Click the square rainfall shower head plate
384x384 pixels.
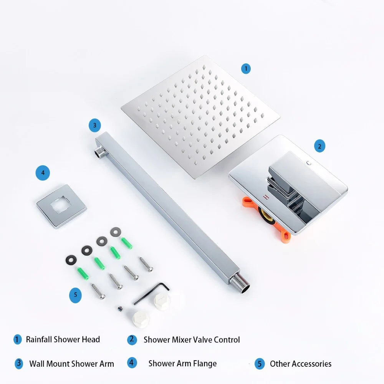(x=200, y=115)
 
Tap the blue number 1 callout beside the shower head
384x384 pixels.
(x=246, y=69)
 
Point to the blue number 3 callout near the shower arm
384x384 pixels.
(x=94, y=125)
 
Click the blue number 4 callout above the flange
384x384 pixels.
(x=43, y=173)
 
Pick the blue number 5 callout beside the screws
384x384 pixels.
(x=75, y=295)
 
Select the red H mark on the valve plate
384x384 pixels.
(x=264, y=197)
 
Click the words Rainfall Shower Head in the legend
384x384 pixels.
(x=63, y=339)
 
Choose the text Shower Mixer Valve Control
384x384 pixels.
(x=192, y=340)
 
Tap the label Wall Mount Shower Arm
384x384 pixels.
(x=71, y=364)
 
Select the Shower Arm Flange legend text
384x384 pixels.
(x=182, y=363)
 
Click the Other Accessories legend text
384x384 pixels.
(x=300, y=364)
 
